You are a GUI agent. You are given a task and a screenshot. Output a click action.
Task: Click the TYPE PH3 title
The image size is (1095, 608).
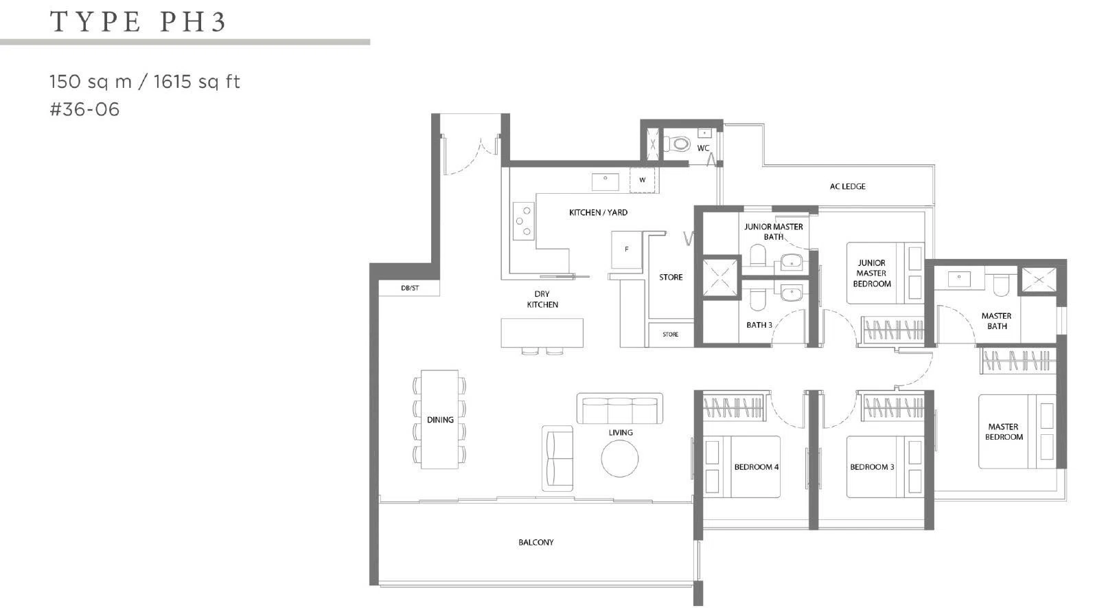(137, 22)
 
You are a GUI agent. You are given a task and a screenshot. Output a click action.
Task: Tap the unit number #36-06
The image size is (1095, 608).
(84, 109)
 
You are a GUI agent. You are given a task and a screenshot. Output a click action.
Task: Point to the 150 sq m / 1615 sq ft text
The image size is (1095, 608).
(145, 81)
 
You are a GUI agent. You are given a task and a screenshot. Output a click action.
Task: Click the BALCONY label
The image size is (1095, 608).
(535, 542)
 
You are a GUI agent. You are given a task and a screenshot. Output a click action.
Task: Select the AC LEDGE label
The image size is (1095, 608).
(847, 186)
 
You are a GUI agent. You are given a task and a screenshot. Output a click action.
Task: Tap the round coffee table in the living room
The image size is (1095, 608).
(619, 458)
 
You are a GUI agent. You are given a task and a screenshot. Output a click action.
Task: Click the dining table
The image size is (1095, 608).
(439, 419)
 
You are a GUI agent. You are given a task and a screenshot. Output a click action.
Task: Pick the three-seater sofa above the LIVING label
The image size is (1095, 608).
(619, 408)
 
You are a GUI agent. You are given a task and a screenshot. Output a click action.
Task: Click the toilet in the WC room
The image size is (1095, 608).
(676, 144)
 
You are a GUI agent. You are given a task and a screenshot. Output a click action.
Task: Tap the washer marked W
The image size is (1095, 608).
(642, 180)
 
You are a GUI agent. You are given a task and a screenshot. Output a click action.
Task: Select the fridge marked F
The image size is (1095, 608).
(626, 249)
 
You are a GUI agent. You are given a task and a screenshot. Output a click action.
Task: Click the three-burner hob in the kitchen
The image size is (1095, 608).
(523, 221)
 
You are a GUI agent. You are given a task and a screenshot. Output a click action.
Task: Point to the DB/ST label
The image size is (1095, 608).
(410, 288)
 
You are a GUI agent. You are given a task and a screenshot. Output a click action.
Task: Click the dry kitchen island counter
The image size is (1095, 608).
(542, 333)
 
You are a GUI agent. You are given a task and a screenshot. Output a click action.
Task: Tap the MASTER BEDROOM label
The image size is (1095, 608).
(1003, 432)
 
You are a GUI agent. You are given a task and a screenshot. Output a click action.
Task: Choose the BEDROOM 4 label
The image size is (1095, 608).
(757, 467)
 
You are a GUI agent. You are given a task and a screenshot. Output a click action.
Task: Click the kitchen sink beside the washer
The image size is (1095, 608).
(606, 182)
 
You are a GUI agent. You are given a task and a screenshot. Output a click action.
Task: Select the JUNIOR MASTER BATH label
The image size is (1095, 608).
(773, 232)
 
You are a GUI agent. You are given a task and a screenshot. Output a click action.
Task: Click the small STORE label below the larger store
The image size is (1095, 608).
(670, 335)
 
